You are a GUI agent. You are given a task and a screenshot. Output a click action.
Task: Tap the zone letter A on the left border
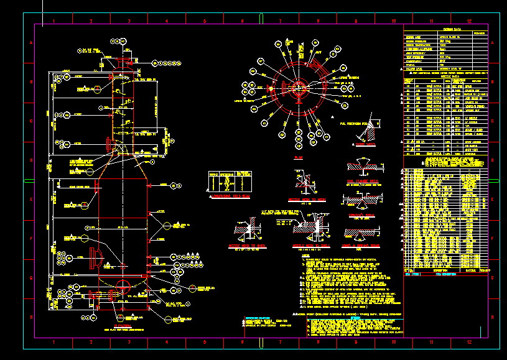(x=30, y=43)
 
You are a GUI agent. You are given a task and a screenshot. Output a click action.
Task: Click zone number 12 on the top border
(x=469, y=21)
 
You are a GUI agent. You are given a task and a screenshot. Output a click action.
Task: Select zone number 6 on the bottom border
(x=242, y=343)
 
